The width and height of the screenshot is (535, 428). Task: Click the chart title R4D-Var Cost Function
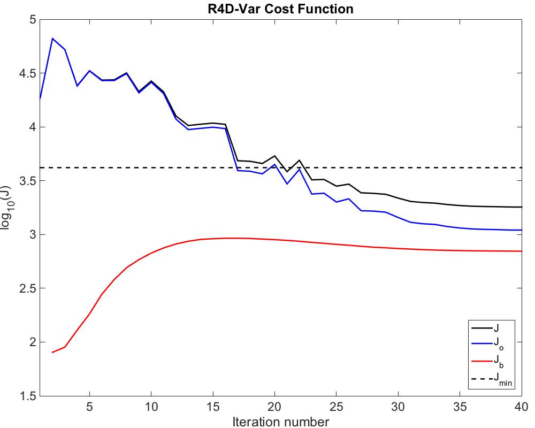pos(280,9)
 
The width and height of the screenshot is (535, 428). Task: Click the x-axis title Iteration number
pos(280,422)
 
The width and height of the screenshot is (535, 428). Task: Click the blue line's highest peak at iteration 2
pos(52,39)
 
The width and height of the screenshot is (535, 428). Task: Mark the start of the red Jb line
pos(52,353)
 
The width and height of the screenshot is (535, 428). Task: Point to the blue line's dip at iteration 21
pos(287,184)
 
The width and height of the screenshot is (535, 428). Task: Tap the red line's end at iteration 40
pos(521,251)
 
